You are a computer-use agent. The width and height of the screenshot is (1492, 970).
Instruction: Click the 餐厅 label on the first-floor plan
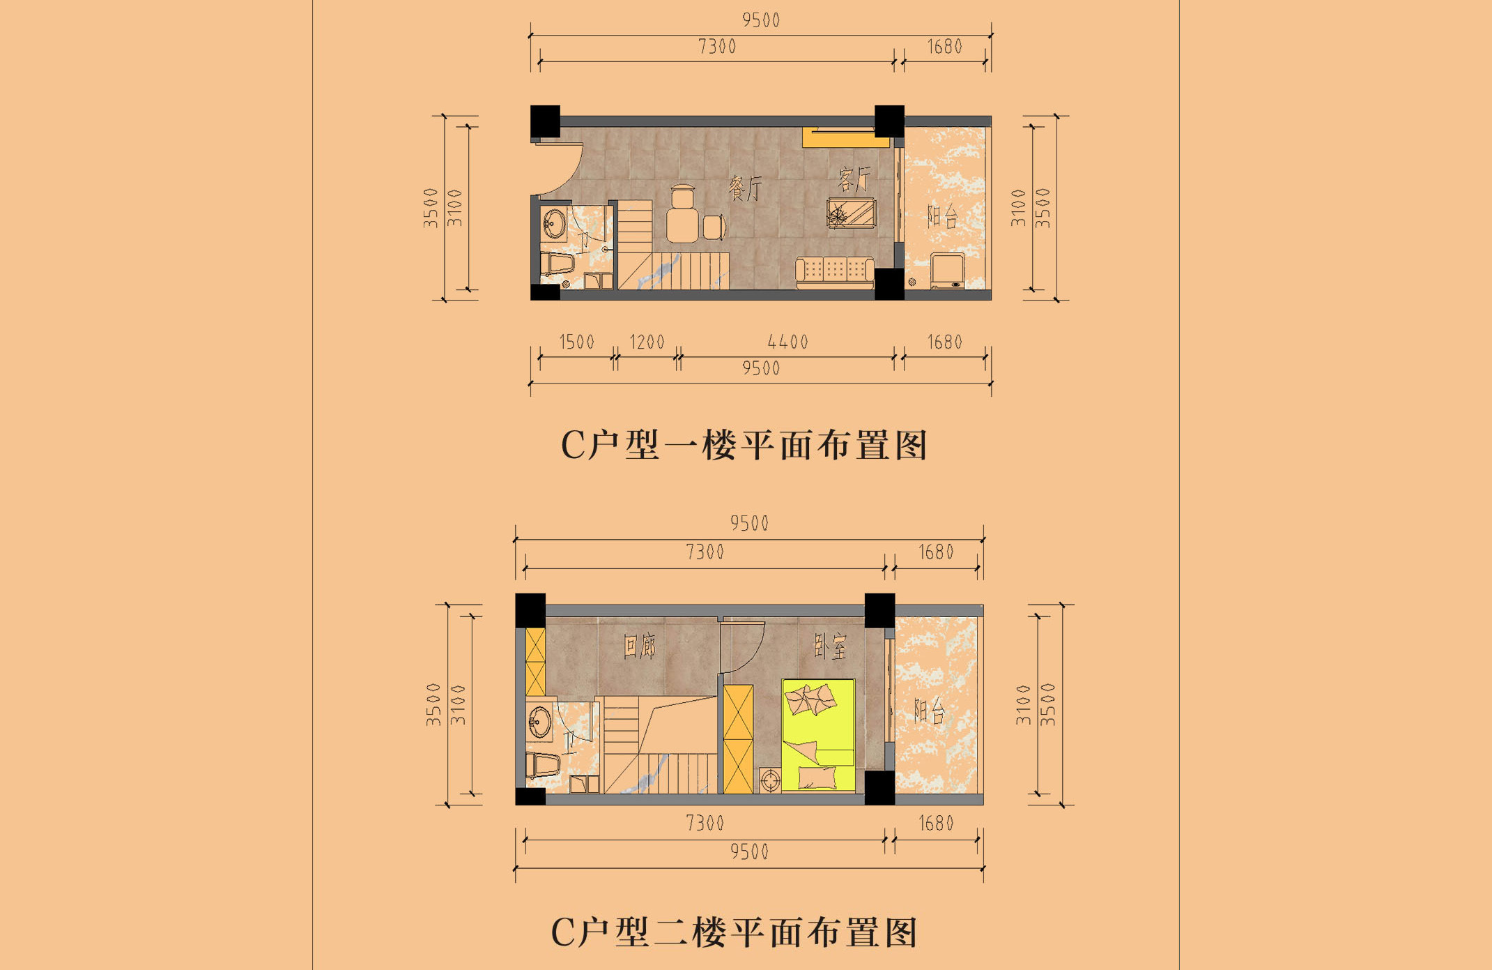coord(745,188)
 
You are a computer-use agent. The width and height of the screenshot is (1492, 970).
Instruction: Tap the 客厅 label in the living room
coord(854,179)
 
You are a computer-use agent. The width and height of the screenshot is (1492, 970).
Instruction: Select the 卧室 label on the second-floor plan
coord(831,646)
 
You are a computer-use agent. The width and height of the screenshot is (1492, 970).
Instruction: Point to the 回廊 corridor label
coord(639,646)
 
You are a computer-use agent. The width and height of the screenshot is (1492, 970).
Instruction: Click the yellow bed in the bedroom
coord(818,735)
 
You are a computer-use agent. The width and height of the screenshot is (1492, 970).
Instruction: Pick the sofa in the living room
coord(835,272)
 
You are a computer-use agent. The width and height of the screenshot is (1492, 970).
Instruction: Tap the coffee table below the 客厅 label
coord(851,213)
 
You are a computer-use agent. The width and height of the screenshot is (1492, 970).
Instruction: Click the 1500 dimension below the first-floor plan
coord(576,342)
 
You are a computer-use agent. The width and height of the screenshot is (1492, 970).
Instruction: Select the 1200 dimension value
coord(647,342)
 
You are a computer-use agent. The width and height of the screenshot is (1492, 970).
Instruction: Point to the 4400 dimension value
coord(787,342)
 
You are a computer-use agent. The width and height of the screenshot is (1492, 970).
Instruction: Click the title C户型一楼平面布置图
coord(744,445)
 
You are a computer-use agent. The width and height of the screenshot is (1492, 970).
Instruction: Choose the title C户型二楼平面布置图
coord(735,932)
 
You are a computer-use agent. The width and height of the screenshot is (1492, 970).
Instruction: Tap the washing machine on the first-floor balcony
coord(948,271)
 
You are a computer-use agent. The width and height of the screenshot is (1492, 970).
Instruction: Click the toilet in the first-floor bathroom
coord(557,264)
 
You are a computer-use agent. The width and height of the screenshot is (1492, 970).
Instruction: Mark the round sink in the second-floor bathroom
coord(539,721)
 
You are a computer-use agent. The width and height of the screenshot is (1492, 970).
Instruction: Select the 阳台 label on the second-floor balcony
coord(929,711)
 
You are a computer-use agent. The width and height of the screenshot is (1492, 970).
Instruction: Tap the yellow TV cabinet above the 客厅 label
coord(845,137)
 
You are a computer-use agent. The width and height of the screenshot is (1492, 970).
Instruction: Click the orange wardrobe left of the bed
coord(738,739)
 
